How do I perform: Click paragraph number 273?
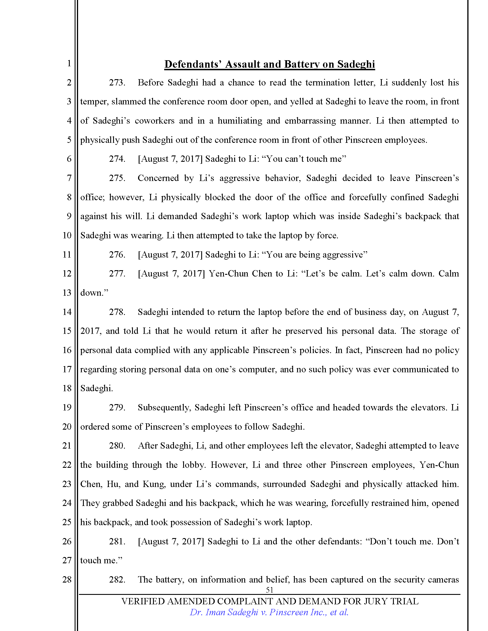click(117, 83)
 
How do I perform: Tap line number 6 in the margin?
click(69, 159)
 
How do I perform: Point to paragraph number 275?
click(117, 178)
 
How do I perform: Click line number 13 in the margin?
click(67, 293)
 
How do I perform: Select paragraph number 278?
click(117, 312)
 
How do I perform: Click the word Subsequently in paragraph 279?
click(164, 407)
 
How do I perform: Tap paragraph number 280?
click(117, 445)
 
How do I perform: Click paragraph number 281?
click(117, 541)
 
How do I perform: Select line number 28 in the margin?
click(67, 579)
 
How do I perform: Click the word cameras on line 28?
click(446, 579)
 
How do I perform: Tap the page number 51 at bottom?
click(269, 590)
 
